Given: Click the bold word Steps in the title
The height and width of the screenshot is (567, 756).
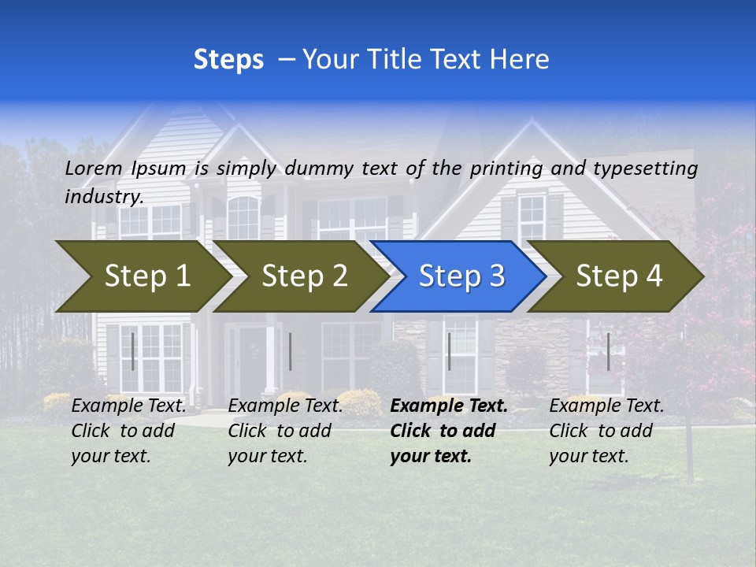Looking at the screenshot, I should click(228, 60).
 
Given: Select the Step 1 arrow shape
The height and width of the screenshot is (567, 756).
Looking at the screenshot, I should click(146, 276).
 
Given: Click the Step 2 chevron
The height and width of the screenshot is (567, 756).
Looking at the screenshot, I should click(304, 276).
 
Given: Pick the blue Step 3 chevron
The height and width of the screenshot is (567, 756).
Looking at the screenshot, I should click(461, 276).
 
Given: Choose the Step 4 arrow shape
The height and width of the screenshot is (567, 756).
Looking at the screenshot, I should click(619, 276).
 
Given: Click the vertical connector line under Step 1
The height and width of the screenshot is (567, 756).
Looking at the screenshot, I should click(133, 351).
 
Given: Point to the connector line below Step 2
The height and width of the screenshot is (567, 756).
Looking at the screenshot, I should click(291, 351).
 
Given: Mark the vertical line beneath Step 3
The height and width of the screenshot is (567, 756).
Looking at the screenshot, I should click(449, 351).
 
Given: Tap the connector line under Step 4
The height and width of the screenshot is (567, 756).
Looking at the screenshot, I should click(608, 351).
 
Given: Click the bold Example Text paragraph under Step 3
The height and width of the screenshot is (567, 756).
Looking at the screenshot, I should click(448, 431).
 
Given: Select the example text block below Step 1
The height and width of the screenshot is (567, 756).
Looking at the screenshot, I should click(128, 431).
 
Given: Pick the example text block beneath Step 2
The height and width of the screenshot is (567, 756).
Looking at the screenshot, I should click(284, 431).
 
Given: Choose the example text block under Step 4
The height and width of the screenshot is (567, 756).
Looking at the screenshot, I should click(606, 431).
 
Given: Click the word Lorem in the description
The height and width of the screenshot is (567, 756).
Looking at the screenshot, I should click(94, 168).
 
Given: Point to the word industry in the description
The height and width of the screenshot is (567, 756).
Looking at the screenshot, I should click(104, 196).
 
